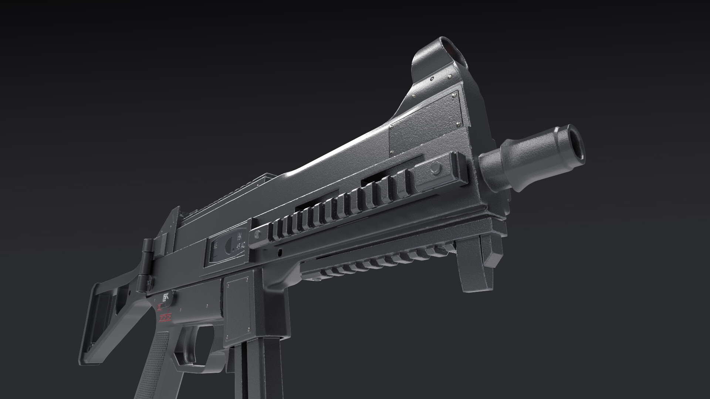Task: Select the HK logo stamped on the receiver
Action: pos(240,236)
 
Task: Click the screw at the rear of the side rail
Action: pos(258,233)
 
